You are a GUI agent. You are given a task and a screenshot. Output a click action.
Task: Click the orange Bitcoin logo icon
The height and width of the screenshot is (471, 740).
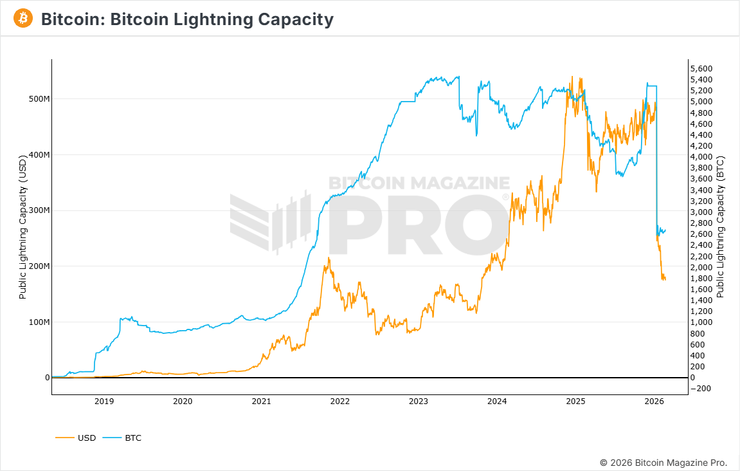pyautogui.click(x=23, y=19)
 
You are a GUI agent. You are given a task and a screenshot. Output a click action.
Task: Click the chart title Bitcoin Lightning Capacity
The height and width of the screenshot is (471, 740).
pyautogui.click(x=187, y=19)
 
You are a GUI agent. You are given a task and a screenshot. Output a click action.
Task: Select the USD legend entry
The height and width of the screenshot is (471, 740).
pyautogui.click(x=86, y=438)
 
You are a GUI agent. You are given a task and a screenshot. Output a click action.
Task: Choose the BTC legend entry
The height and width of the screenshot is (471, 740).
pyautogui.click(x=133, y=438)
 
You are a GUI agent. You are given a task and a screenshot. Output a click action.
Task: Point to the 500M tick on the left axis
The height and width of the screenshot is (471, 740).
pyautogui.click(x=38, y=99)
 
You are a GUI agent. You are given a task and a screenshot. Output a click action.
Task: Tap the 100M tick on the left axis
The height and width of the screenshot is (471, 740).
pyautogui.click(x=38, y=322)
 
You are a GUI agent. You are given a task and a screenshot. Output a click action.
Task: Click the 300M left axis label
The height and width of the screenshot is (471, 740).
pyautogui.click(x=38, y=210)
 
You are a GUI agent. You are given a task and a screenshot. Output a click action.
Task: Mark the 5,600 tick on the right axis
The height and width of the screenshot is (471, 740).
pyautogui.click(x=701, y=68)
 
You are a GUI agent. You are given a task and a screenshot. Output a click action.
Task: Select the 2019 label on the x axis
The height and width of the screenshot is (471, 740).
pyautogui.click(x=104, y=402)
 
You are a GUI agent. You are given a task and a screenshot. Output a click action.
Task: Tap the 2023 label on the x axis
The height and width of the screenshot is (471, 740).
pyautogui.click(x=419, y=402)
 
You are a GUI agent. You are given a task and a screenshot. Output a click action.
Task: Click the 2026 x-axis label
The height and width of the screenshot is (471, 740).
pyautogui.click(x=654, y=402)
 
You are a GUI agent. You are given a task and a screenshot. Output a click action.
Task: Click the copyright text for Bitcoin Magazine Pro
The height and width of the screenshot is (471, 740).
pyautogui.click(x=663, y=463)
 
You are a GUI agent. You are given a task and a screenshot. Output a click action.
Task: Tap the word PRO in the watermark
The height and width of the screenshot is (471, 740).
pyautogui.click(x=418, y=225)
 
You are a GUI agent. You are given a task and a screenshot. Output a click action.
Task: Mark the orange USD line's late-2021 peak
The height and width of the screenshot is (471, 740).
pyautogui.click(x=329, y=258)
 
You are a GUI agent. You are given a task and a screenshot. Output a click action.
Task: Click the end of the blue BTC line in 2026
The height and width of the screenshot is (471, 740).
pyautogui.click(x=665, y=230)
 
